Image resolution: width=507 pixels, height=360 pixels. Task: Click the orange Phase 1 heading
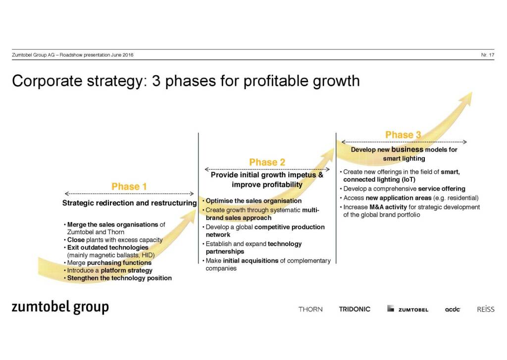129,187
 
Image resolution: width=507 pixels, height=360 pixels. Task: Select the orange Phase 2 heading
267,162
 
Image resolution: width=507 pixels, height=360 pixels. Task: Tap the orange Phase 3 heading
403,135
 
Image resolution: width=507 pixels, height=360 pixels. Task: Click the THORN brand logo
310,309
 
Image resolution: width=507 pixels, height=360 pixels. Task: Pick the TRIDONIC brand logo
355,309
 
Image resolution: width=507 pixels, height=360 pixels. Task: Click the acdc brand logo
453,309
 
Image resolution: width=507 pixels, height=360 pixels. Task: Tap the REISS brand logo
486,309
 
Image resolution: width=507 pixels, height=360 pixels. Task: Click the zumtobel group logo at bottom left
60,307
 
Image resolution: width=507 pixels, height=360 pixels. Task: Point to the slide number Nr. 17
488,55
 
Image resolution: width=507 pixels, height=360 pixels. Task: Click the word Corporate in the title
47,81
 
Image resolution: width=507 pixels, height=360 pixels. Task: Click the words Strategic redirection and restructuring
129,203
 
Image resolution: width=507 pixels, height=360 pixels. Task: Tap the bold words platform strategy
126,270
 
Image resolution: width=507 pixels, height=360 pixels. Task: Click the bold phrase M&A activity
388,207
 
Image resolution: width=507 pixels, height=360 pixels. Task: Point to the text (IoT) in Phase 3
408,180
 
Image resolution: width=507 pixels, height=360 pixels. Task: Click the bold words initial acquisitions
251,260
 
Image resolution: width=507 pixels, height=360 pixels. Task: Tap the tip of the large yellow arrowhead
472,93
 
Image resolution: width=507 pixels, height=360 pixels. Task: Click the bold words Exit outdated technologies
107,248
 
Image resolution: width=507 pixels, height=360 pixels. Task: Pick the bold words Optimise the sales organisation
253,201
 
